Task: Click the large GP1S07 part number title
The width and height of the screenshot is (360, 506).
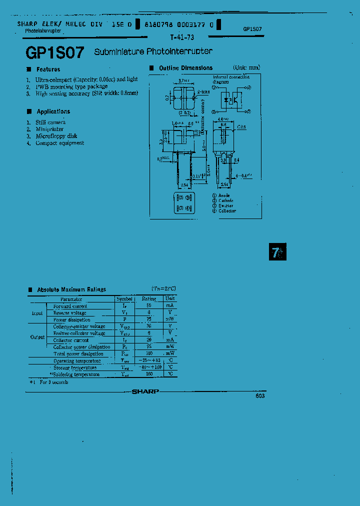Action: (x=54, y=53)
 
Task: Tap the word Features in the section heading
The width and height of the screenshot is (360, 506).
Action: (x=48, y=69)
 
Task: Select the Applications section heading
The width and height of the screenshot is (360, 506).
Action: (x=53, y=111)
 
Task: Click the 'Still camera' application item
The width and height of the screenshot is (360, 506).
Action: (x=50, y=122)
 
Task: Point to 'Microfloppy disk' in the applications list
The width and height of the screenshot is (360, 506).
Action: (x=56, y=136)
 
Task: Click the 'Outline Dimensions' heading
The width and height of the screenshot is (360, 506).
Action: (x=185, y=68)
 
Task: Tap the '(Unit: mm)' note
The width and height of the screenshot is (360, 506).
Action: (x=246, y=67)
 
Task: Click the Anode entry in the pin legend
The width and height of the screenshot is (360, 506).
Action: (x=223, y=195)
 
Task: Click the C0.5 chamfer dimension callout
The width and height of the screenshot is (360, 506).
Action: (x=241, y=127)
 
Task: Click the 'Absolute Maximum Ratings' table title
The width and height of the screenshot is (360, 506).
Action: (x=71, y=289)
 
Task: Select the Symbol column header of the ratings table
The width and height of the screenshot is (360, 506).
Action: (x=124, y=298)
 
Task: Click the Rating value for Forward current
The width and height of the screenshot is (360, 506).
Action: (x=149, y=305)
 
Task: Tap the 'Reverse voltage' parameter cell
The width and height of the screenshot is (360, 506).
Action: (x=69, y=312)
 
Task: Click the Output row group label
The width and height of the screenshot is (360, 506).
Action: (x=37, y=336)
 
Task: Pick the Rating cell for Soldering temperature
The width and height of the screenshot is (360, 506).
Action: (x=149, y=374)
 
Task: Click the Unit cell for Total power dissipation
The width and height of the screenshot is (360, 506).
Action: (x=170, y=353)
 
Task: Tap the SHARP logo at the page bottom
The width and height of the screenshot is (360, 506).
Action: (x=145, y=392)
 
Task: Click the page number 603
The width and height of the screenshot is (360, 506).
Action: (x=259, y=396)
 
